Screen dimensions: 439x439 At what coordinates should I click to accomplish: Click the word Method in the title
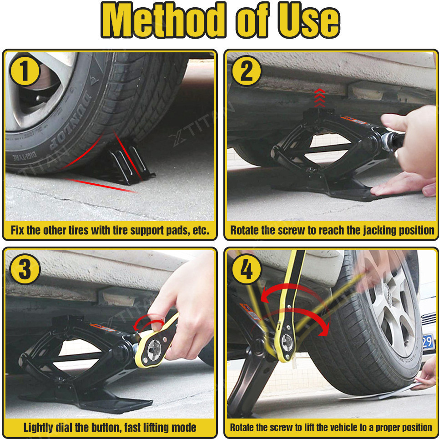click(x=163, y=20)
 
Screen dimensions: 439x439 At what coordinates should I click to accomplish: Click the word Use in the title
click(x=309, y=20)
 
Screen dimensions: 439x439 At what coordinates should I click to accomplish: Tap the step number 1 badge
click(x=25, y=71)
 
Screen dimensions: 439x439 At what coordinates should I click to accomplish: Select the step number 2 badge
click(x=247, y=71)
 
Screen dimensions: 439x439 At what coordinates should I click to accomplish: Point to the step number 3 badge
click(x=25, y=269)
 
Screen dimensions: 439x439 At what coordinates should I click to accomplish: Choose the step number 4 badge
click(x=247, y=269)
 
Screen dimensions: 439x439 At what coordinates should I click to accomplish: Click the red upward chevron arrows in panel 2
click(x=320, y=98)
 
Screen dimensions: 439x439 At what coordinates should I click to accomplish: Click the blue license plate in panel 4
click(x=428, y=342)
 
